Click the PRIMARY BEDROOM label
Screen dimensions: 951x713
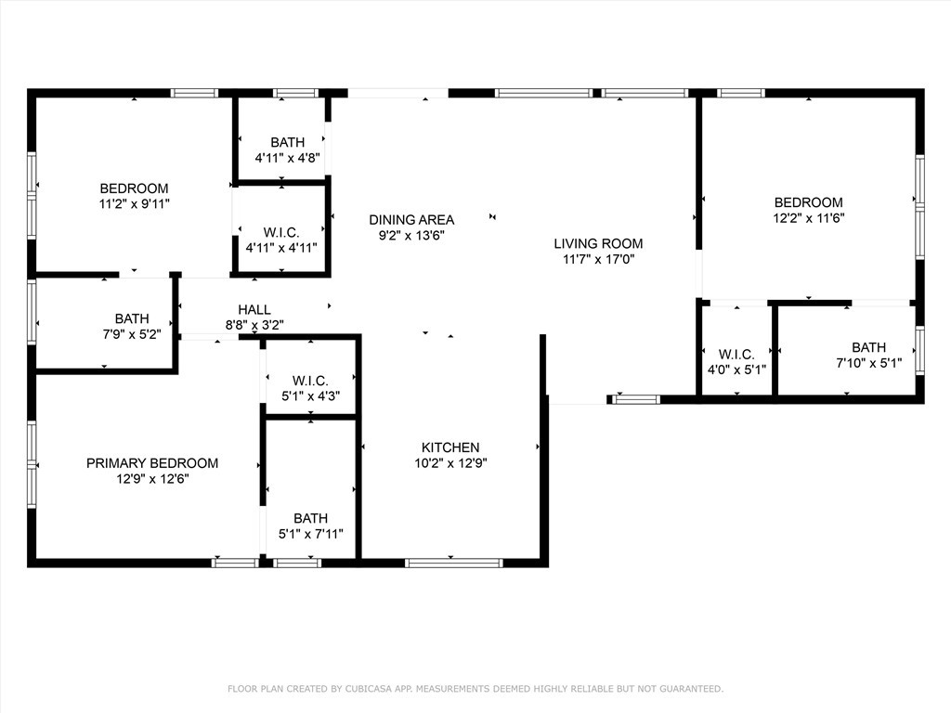pyautogui.click(x=152, y=463)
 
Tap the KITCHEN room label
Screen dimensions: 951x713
pyautogui.click(x=450, y=447)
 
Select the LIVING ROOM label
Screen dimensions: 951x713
pyautogui.click(x=598, y=244)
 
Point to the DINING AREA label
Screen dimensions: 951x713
pyautogui.click(x=411, y=219)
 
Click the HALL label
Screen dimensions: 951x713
pyautogui.click(x=254, y=310)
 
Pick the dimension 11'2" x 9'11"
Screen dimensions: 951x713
pyautogui.click(x=134, y=204)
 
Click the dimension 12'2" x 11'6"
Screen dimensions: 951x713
pyautogui.click(x=809, y=218)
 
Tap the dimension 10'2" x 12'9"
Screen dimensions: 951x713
pyautogui.click(x=450, y=463)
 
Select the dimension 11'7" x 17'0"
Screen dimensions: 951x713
pyautogui.click(x=599, y=260)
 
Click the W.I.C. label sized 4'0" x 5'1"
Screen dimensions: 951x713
pyautogui.click(x=736, y=354)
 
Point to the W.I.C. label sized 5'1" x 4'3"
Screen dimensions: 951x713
pyautogui.click(x=310, y=381)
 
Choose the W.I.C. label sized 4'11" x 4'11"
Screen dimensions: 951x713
pyautogui.click(x=281, y=232)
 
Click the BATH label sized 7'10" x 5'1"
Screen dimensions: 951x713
pyautogui.click(x=868, y=347)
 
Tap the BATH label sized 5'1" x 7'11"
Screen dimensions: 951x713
pyautogui.click(x=310, y=518)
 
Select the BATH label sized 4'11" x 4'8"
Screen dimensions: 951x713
pyautogui.click(x=288, y=142)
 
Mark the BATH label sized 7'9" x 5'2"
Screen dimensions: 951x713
pyautogui.click(x=132, y=318)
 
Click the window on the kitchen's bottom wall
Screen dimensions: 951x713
pyautogui.click(x=453, y=564)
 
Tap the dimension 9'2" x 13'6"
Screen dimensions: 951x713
pyautogui.click(x=411, y=235)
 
